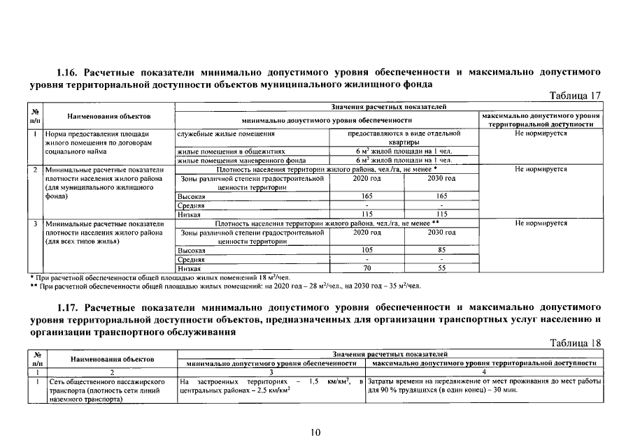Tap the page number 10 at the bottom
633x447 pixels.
(315, 433)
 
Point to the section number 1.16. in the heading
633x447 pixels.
(69, 71)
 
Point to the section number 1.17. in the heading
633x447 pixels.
(69, 307)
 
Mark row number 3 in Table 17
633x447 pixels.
(35, 223)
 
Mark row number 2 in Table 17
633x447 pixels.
(35, 169)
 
